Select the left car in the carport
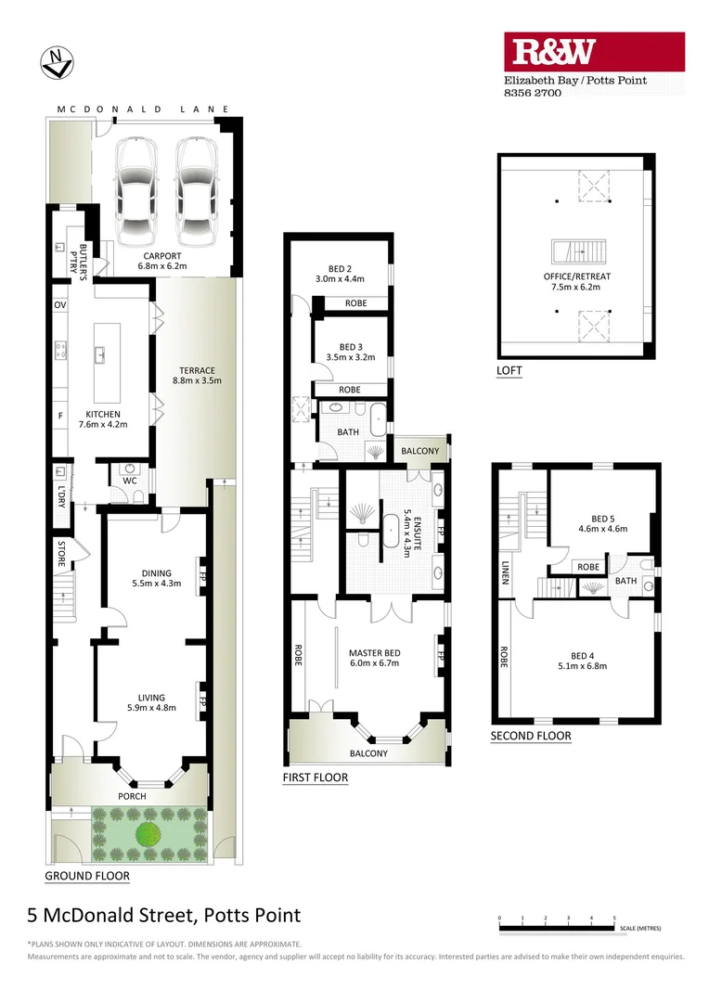136,187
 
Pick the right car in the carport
196,187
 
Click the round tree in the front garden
148,833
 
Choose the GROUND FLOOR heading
87,875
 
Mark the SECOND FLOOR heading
531,736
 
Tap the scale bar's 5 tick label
614,918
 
